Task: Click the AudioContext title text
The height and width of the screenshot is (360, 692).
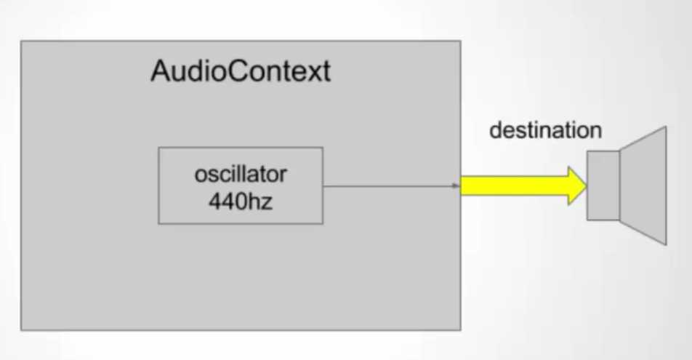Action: [241, 71]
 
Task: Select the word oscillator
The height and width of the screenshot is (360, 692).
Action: [241, 175]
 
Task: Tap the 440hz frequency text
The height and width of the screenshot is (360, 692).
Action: [241, 201]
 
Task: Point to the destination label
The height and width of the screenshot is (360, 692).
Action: [545, 130]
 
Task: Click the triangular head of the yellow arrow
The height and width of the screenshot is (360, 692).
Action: [576, 186]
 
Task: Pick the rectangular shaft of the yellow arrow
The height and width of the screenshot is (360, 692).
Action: [515, 186]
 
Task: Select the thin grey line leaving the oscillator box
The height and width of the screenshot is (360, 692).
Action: [391, 186]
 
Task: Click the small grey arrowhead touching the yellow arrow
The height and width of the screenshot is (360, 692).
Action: [456, 186]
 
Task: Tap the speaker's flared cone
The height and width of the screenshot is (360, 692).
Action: [643, 185]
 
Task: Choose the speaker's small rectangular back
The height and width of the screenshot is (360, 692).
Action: [603, 185]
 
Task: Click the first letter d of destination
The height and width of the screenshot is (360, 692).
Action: [496, 131]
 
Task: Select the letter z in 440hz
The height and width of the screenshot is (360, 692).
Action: [267, 204]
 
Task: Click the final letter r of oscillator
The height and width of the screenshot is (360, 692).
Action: [283, 177]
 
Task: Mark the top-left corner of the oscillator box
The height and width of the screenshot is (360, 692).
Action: [159, 148]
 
